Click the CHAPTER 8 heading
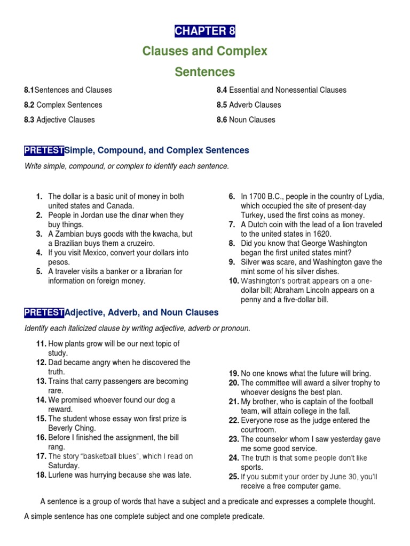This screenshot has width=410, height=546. click(x=205, y=31)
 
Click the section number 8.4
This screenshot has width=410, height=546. click(x=222, y=90)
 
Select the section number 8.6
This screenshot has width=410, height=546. click(x=222, y=120)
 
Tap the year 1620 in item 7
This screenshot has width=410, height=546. click(x=321, y=234)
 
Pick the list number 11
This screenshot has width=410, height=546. click(x=41, y=344)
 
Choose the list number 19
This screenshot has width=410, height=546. click(x=234, y=374)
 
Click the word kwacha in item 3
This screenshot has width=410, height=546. click(x=154, y=234)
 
